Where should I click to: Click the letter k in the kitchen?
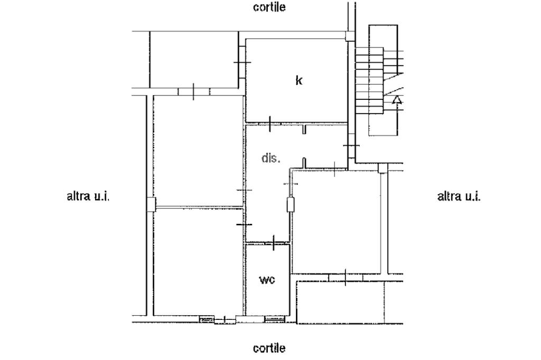[299, 81]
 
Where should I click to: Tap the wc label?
[267, 279]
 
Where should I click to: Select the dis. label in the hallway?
[270, 158]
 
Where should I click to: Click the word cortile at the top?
[269, 7]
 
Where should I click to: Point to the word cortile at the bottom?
[269, 348]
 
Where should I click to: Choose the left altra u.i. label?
[88, 197]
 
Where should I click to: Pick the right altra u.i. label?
[459, 197]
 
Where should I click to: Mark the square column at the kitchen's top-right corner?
[349, 36]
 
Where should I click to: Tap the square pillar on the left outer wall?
[151, 204]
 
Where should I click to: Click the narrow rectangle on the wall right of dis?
[289, 204]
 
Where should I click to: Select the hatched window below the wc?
[274, 319]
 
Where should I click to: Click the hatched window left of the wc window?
[207, 319]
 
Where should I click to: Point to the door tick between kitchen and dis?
[269, 124]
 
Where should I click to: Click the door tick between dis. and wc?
[274, 243]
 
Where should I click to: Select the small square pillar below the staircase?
[383, 168]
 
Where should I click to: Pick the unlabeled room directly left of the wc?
[198, 261]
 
